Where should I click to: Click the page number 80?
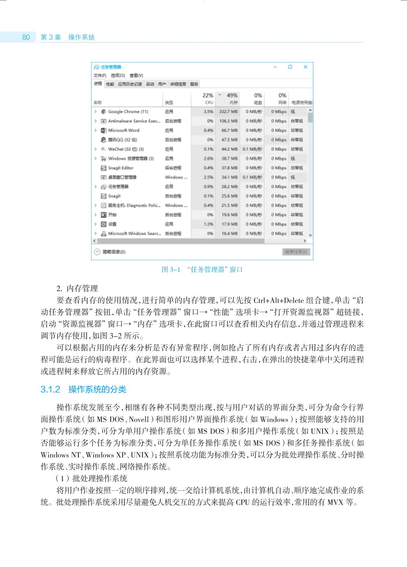click(x=26, y=37)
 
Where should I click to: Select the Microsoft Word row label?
click(x=123, y=130)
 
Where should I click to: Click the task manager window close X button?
click(x=305, y=67)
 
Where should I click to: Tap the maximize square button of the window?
click(x=290, y=67)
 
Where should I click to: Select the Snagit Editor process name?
click(x=121, y=168)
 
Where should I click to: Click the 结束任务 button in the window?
click(x=296, y=252)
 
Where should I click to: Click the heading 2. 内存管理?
click(x=77, y=288)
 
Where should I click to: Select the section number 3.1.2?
click(x=50, y=390)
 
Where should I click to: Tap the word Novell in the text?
click(x=139, y=420)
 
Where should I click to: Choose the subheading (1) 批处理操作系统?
click(x=92, y=479)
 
